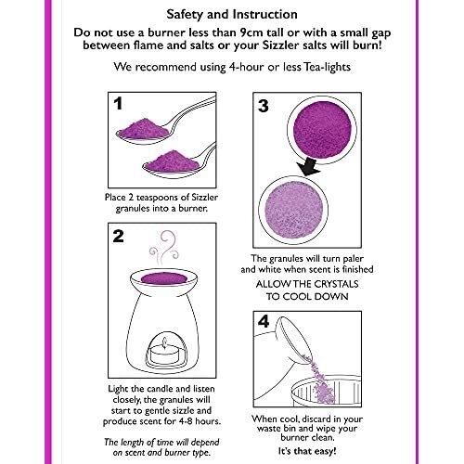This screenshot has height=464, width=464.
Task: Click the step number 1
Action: (x=118, y=104)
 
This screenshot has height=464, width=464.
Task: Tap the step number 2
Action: (x=118, y=237)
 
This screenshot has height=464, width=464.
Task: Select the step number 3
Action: (x=264, y=106)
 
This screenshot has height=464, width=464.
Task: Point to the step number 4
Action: (x=264, y=321)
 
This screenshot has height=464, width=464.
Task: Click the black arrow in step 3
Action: (x=310, y=167)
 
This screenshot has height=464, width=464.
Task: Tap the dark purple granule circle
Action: (x=322, y=129)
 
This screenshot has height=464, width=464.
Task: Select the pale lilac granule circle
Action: (x=293, y=210)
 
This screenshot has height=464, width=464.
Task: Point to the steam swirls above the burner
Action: (x=164, y=248)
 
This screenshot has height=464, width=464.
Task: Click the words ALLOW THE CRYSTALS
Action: (x=307, y=284)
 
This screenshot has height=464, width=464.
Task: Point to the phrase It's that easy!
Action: (x=307, y=451)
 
